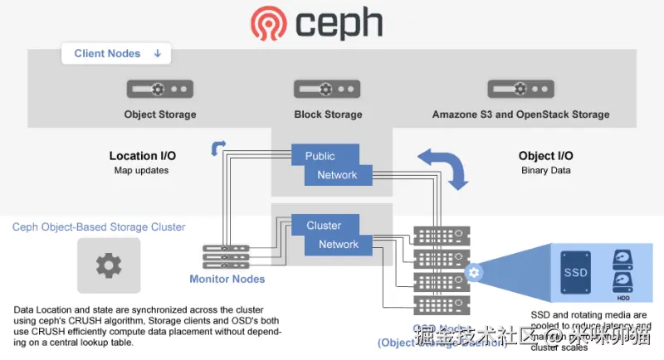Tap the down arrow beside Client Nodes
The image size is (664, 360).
tap(158, 54)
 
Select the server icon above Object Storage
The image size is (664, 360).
tap(160, 88)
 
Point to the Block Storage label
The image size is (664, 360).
tap(328, 114)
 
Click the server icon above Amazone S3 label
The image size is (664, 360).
tap(520, 88)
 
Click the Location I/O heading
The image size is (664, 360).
tap(143, 156)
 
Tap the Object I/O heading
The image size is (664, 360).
tap(545, 156)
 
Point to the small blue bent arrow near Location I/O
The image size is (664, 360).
tap(218, 148)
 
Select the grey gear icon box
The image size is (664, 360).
tap(108, 265)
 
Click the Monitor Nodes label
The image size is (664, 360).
tap(227, 279)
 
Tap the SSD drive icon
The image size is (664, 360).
tap(575, 271)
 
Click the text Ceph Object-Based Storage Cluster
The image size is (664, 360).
tap(99, 226)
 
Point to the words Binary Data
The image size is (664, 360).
tap(545, 171)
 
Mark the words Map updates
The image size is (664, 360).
tap(141, 171)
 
